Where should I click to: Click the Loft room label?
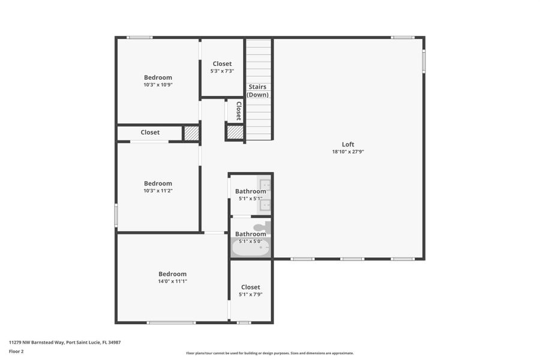(348, 144)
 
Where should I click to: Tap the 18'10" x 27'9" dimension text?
(348, 152)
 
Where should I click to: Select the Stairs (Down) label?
(258, 91)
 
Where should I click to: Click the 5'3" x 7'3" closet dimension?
(222, 71)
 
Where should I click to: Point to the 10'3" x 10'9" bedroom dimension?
(158, 85)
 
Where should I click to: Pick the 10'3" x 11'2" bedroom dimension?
(158, 191)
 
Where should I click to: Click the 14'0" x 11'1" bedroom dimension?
(172, 281)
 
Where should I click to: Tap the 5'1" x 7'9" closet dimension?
(250, 294)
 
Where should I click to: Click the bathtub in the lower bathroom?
(251, 248)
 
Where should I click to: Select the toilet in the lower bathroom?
(262, 227)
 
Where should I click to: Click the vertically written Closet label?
(238, 111)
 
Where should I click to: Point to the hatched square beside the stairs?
(235, 132)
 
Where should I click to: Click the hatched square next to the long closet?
(191, 133)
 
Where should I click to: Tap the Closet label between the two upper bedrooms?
(150, 132)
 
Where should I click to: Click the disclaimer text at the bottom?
(270, 353)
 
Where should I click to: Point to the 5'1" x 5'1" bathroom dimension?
(250, 199)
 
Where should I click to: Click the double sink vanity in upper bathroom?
(265, 195)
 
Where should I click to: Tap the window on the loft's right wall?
(424, 61)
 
